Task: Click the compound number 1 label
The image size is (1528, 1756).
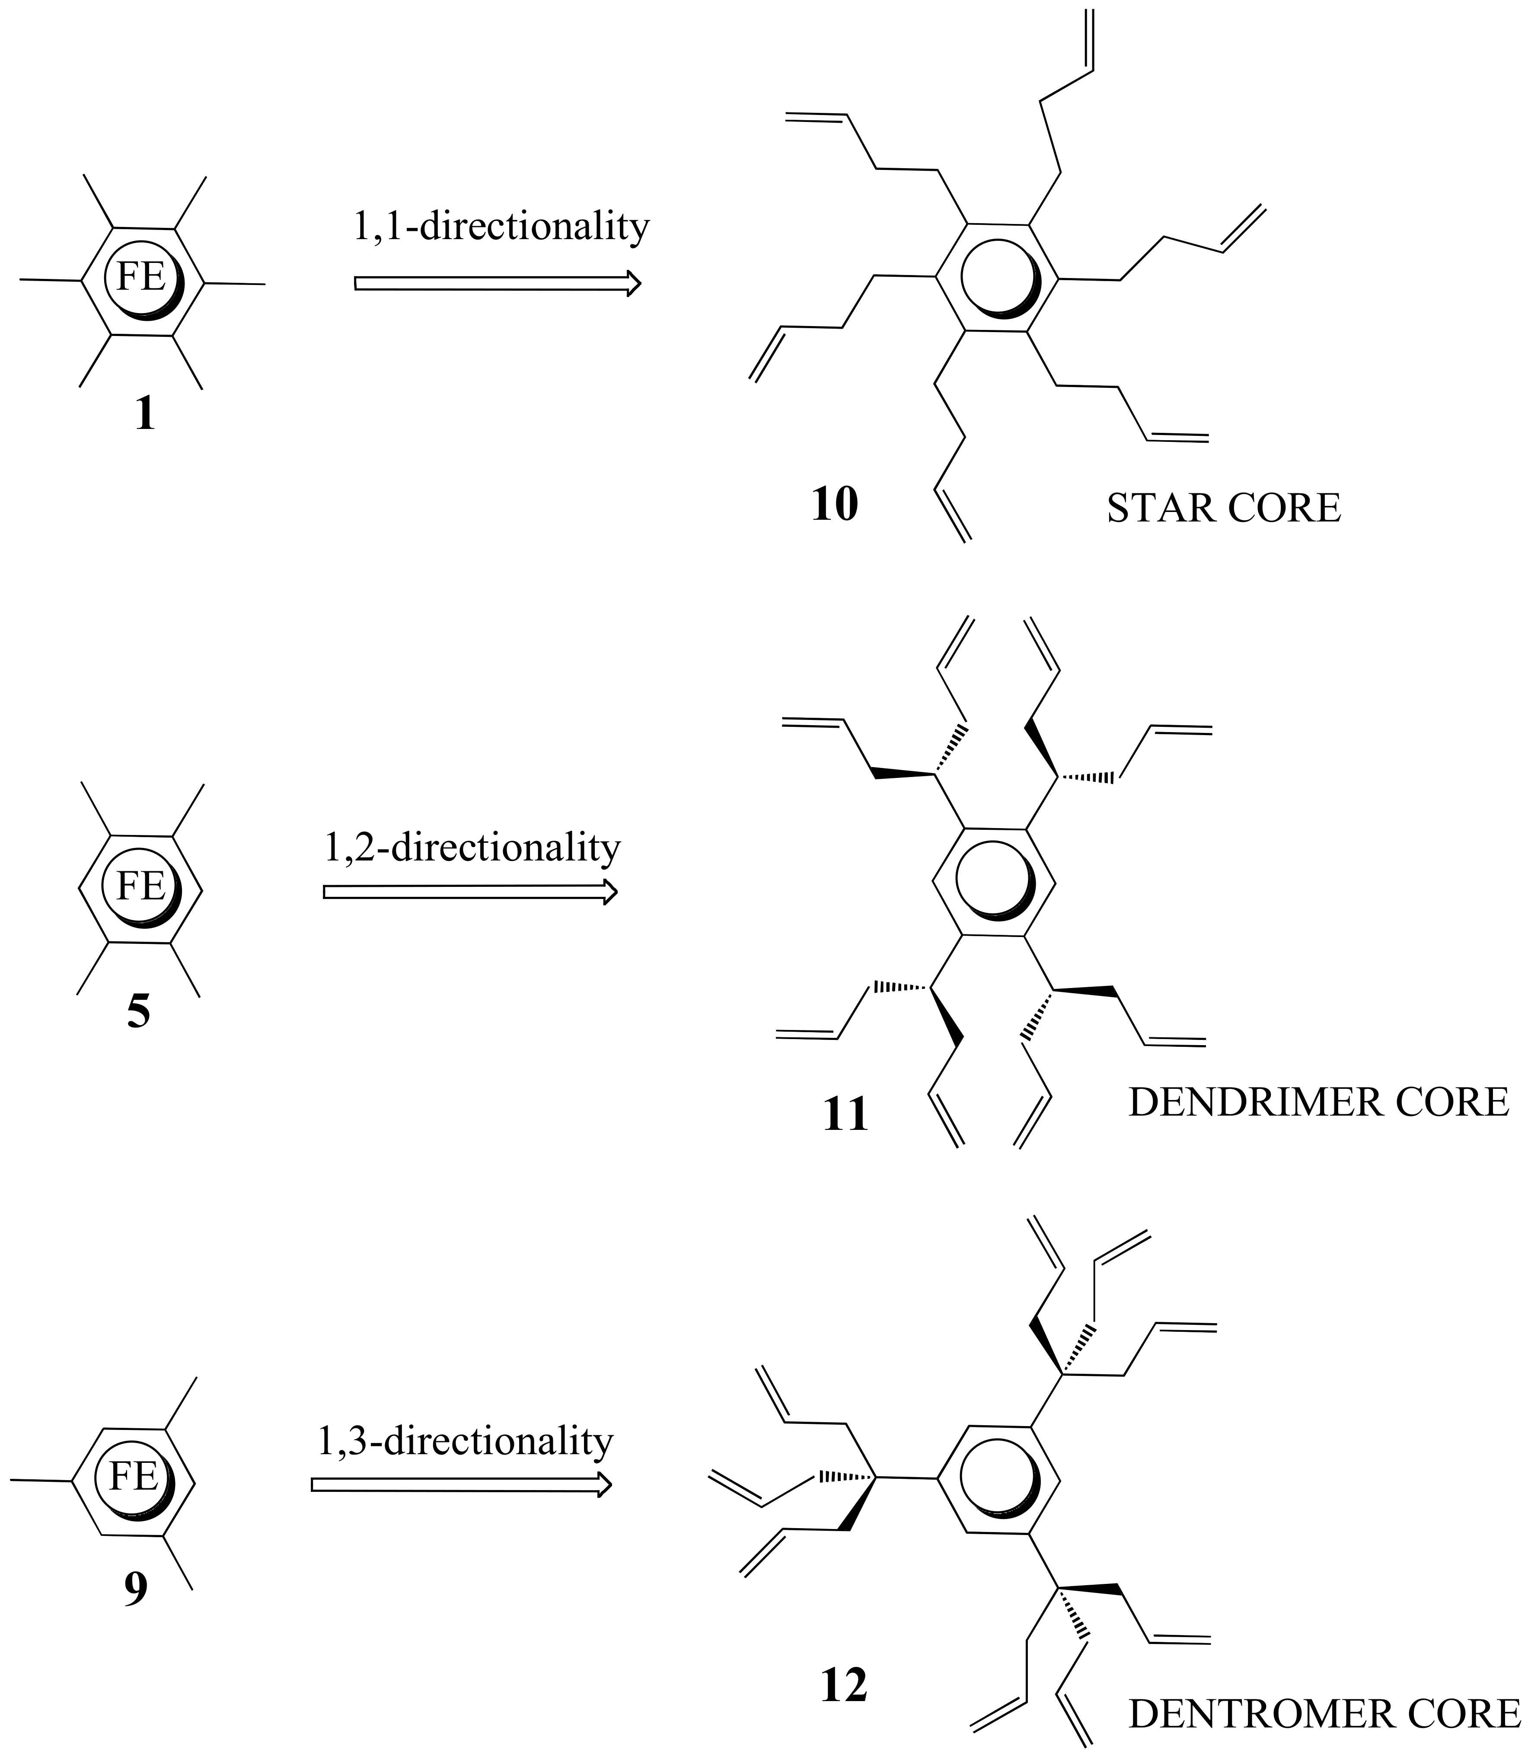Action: [145, 416]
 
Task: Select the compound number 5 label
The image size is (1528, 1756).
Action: [138, 1013]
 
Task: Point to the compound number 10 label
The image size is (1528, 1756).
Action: [834, 505]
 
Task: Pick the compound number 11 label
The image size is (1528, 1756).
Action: [846, 1115]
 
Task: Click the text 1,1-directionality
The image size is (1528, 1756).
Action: [501, 227]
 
